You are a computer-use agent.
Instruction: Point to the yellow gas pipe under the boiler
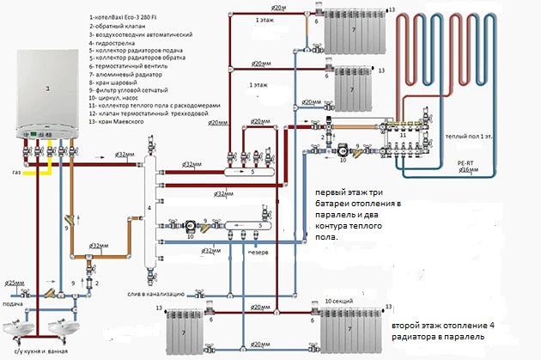[x=34, y=172]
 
